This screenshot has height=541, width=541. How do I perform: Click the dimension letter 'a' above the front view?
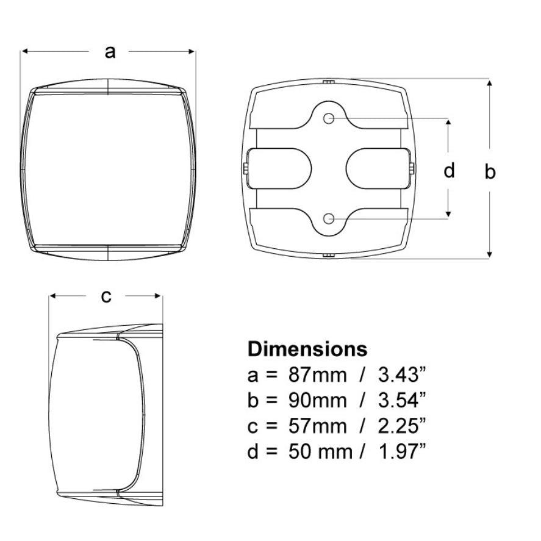point(110,52)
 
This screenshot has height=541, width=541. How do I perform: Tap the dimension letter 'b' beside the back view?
point(490,171)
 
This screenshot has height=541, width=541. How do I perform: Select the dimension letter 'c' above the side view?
point(106,296)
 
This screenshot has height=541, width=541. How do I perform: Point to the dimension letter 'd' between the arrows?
point(449,170)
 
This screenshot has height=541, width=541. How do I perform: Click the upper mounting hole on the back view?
point(329,118)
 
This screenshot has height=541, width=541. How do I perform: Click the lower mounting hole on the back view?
point(329,218)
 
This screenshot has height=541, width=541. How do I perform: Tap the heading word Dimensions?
point(307,349)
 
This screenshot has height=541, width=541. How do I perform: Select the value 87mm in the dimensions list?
point(317,374)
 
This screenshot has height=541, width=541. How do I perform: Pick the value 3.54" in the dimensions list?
point(403,400)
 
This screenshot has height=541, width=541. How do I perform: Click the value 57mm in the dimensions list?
point(317,426)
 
